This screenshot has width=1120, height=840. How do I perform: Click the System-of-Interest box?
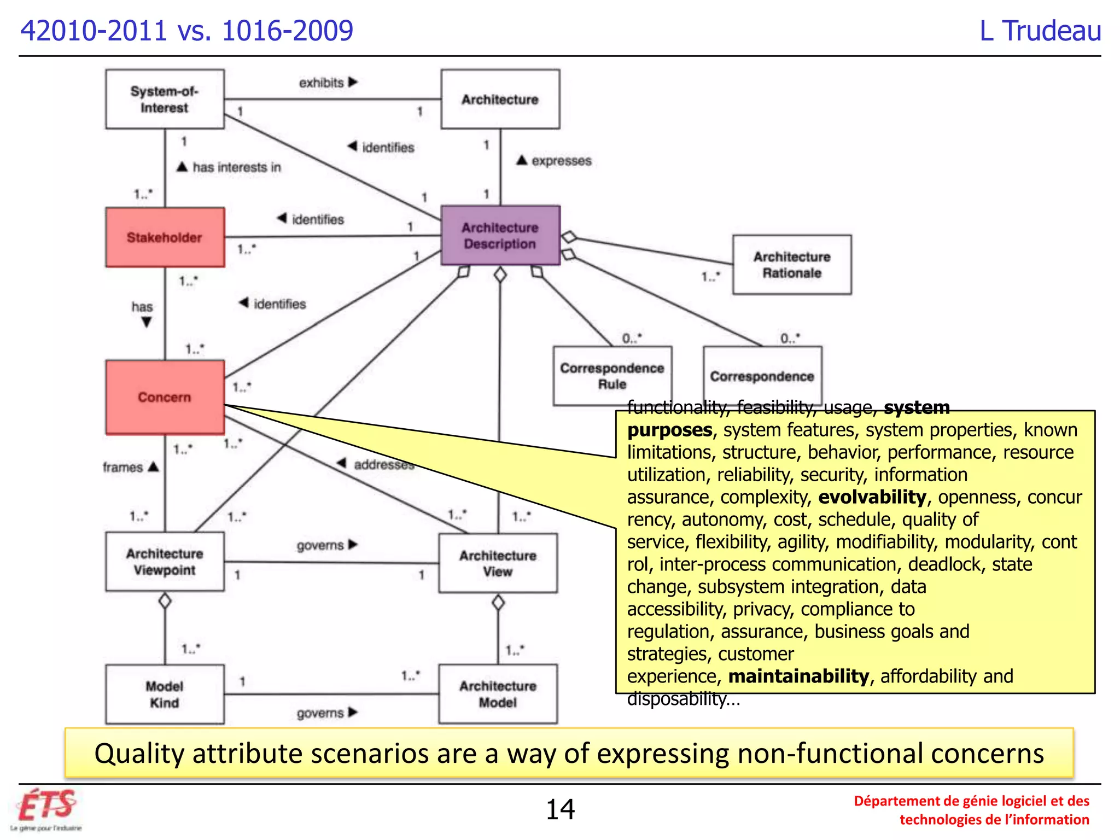pos(165,99)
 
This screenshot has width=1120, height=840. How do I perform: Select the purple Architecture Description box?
pos(500,236)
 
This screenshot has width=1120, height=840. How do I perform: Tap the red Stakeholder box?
pos(165,237)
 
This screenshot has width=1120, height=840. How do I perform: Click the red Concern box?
pos(165,397)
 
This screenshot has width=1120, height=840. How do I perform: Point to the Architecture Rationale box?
pos(791,265)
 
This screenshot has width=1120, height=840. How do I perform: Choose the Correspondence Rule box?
pos(611,376)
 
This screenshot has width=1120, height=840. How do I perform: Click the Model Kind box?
pos(165,694)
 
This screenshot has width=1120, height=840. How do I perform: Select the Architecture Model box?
pos(498,694)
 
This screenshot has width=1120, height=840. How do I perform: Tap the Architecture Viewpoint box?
pos(165,562)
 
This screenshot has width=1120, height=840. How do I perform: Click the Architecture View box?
pos(498,563)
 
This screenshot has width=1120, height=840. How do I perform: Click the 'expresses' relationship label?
pos(561,161)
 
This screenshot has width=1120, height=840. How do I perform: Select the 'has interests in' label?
pos(236,167)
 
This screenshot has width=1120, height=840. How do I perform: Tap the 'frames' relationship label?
pos(123,467)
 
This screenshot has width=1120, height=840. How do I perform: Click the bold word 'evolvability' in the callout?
pos(872,497)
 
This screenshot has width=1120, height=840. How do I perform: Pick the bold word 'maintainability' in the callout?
pos(798,676)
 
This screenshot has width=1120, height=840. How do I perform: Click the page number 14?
pos(560,809)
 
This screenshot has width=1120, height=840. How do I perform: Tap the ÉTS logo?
pos(46,808)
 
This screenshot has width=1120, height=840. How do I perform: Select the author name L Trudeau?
pos(1040,31)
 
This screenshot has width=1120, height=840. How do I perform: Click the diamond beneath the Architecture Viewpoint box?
pos(165,601)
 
